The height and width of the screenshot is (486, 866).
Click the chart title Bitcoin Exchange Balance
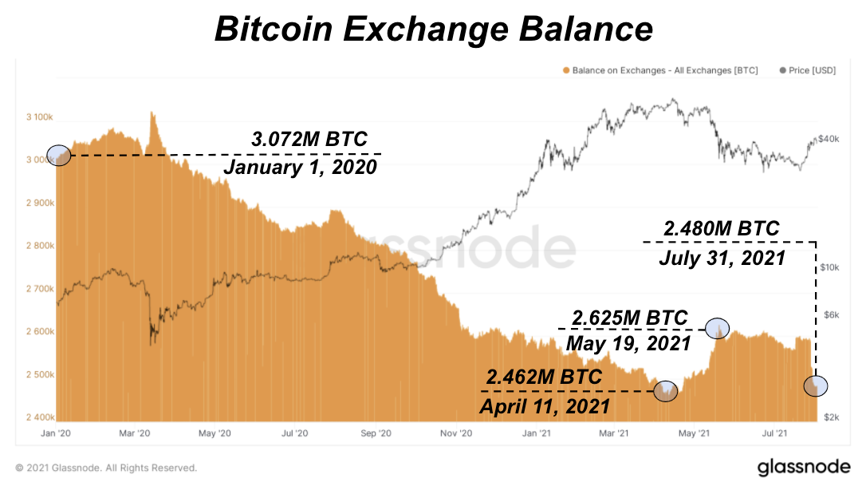pyautogui.click(x=433, y=30)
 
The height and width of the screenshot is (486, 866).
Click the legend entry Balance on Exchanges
pyautogui.click(x=662, y=70)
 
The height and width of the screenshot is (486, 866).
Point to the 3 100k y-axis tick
pyautogui.click(x=40, y=117)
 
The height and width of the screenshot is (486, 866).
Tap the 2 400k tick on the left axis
pyautogui.click(x=40, y=417)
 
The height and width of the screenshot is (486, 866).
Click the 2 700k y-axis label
pyautogui.click(x=40, y=289)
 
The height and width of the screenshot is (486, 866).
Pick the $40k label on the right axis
pyautogui.click(x=829, y=139)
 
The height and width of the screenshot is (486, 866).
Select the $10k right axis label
pyautogui.click(x=832, y=267)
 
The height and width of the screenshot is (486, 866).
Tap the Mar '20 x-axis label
pyautogui.click(x=134, y=433)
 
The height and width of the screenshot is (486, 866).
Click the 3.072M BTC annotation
pyautogui.click(x=309, y=139)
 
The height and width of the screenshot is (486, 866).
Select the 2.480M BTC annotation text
pyautogui.click(x=722, y=229)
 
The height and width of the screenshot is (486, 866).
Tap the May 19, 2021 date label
pyautogui.click(x=628, y=344)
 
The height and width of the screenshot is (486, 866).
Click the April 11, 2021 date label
pyautogui.click(x=544, y=405)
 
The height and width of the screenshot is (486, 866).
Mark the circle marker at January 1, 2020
pyautogui.click(x=60, y=155)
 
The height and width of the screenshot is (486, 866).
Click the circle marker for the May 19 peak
pyautogui.click(x=718, y=326)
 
